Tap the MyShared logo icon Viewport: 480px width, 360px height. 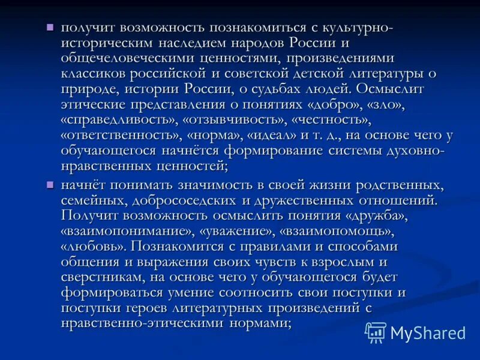coord(376,332)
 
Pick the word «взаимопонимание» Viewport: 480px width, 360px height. coord(130,230)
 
